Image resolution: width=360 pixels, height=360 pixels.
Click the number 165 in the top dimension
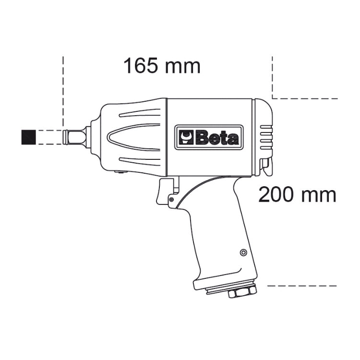click(x=140, y=66)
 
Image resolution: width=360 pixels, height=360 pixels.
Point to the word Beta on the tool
click(x=216, y=138)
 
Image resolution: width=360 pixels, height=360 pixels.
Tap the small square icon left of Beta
click(x=185, y=138)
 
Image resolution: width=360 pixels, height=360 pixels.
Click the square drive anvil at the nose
click(x=75, y=137)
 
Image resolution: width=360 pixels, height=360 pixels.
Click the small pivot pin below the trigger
click(x=171, y=199)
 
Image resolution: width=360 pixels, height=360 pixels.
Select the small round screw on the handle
click(x=243, y=252)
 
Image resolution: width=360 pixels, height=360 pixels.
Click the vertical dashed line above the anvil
click(x=63, y=91)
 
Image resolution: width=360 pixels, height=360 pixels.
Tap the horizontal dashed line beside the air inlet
click(x=302, y=285)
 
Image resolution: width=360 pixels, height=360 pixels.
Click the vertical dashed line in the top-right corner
click(x=272, y=77)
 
